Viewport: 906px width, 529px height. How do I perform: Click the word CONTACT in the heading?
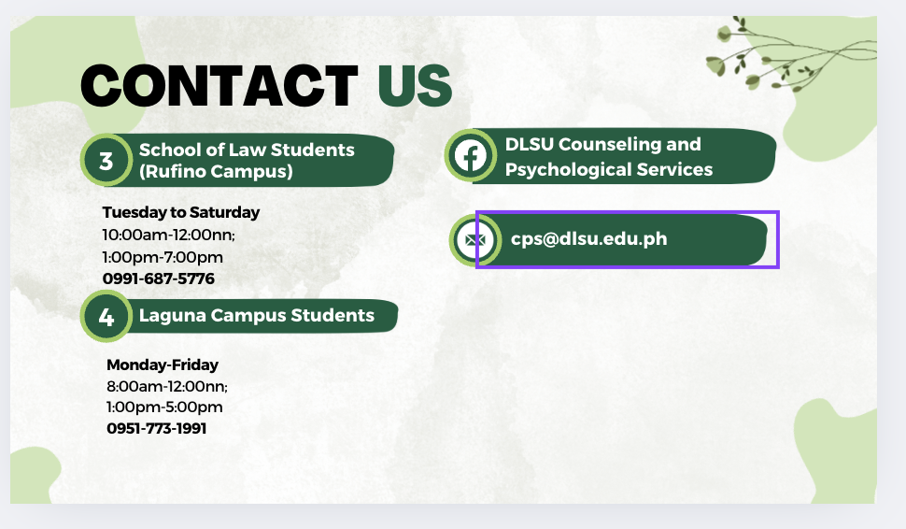[x=219, y=86]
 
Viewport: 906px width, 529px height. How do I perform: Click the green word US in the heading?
[x=415, y=86]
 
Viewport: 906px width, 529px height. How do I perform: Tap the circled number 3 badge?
[x=106, y=160]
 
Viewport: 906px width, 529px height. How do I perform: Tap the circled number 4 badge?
[x=106, y=316]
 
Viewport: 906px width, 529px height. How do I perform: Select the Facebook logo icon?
[x=471, y=155]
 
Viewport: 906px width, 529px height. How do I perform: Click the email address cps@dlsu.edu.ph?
[x=588, y=238]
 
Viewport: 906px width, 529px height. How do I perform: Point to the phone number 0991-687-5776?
[x=159, y=279]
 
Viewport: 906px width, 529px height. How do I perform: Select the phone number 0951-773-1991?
[x=157, y=428]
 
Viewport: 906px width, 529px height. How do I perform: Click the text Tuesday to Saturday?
[x=181, y=212]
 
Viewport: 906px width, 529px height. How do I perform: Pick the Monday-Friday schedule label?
[x=163, y=365]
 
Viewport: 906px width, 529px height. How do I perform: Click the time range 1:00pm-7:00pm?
[x=163, y=257]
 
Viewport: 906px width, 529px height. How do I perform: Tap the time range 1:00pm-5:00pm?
[x=164, y=407]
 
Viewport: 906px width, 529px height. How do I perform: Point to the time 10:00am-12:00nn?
[x=169, y=235]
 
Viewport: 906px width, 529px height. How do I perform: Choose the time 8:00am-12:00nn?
[x=167, y=386]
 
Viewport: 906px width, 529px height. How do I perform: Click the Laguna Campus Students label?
[x=257, y=315]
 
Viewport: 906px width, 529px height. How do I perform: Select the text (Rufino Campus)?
[x=216, y=171]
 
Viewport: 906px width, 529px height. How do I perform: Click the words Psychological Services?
[x=609, y=169]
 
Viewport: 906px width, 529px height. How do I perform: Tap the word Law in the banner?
[x=247, y=150]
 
